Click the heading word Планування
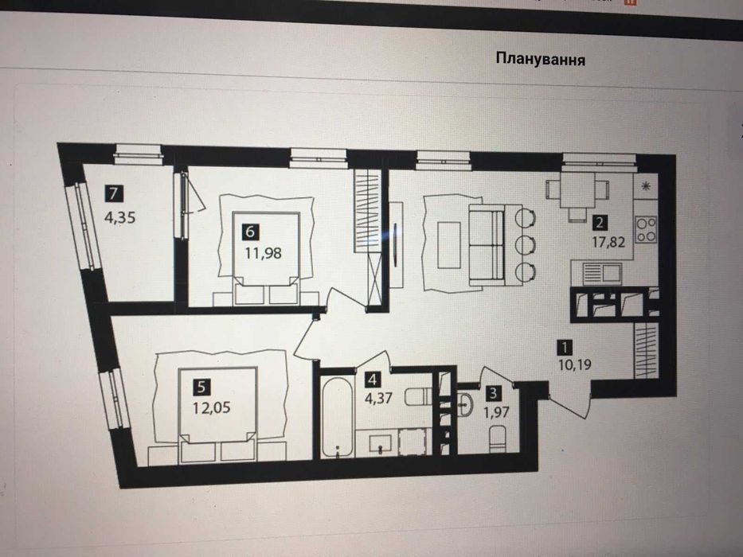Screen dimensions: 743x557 (540, 60)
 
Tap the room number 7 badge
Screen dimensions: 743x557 (113, 193)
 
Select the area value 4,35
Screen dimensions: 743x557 (120, 217)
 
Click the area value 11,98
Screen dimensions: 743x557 (263, 253)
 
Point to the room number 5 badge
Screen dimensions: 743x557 (201, 387)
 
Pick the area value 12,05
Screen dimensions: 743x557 (211, 407)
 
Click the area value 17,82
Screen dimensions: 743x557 (608, 243)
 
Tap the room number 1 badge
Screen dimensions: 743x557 (564, 347)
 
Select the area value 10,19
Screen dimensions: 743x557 (574, 364)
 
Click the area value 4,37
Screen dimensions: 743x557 (378, 398)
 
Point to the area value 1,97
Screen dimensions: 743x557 (496, 412)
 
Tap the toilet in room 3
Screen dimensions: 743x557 (498, 438)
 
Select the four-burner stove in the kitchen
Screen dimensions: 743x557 (646, 229)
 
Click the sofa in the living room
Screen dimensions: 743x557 (486, 245)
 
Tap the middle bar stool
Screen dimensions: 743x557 (525, 245)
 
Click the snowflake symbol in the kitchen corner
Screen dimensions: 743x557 (645, 186)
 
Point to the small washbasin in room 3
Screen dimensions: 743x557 (465, 404)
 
